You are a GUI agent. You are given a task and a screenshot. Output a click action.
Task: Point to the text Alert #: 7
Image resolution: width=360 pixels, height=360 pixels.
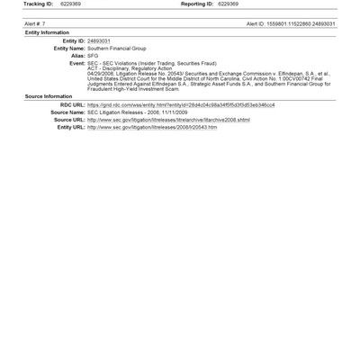(35, 24)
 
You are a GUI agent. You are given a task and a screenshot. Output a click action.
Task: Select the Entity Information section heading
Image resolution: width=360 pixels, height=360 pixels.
(47, 32)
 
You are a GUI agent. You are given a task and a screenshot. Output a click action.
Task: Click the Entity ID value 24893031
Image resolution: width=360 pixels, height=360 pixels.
(99, 40)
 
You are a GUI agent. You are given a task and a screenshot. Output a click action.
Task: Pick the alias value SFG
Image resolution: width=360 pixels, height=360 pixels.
(93, 55)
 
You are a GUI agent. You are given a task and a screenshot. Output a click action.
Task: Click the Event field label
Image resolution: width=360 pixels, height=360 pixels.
(76, 63)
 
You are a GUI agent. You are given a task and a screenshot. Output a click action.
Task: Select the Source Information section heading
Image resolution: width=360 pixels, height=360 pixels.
(49, 95)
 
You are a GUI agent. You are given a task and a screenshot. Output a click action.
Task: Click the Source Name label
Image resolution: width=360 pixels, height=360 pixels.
(67, 112)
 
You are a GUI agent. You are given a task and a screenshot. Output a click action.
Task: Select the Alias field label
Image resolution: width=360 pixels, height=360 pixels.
(77, 55)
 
